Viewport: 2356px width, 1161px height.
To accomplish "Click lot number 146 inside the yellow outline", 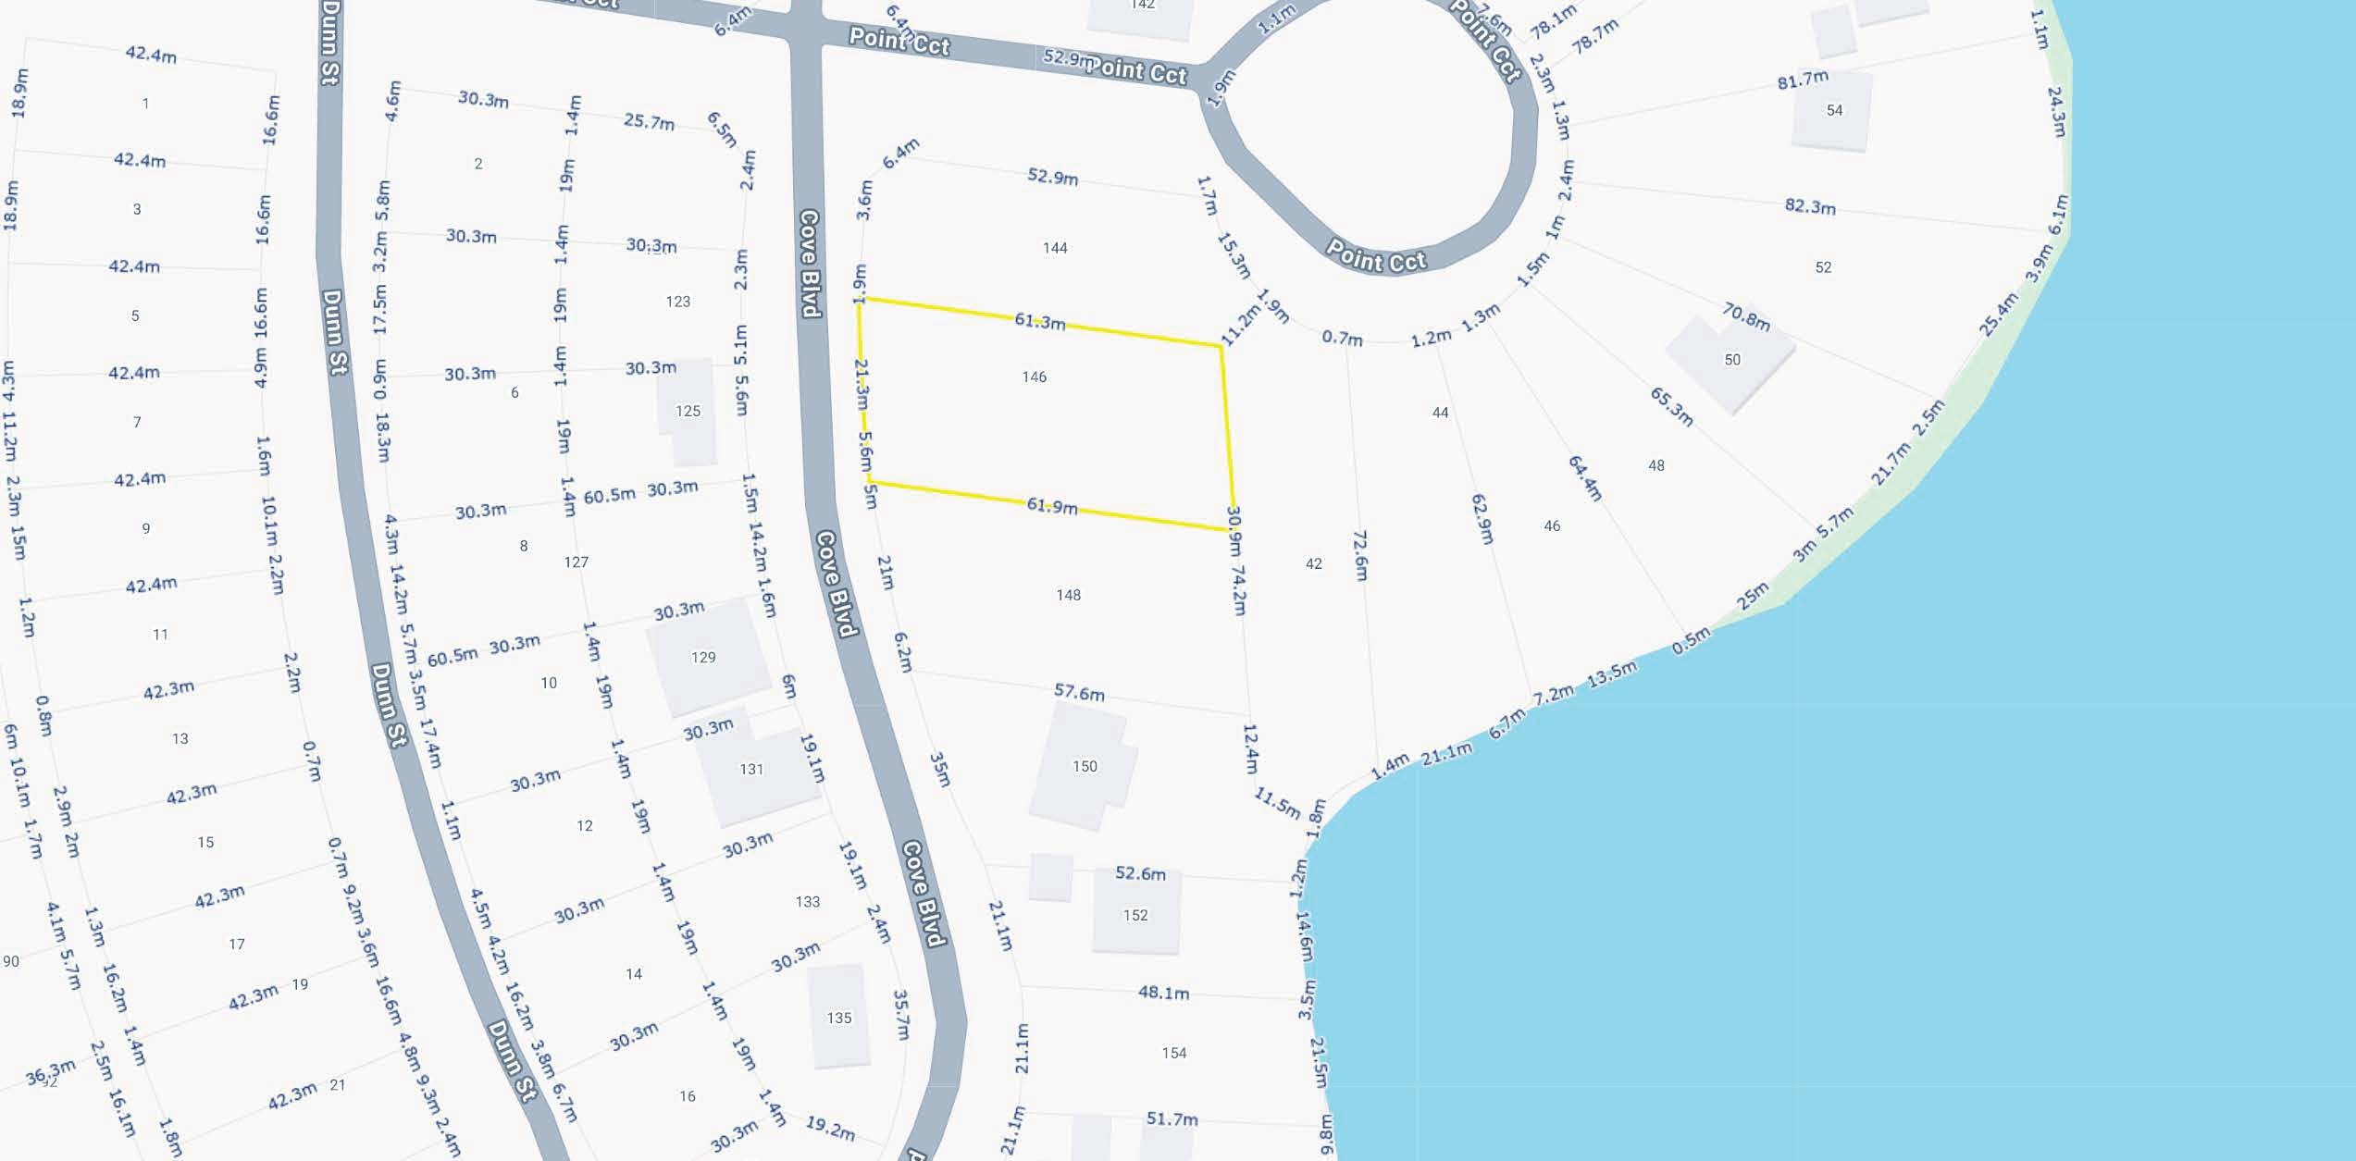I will tap(1035, 377).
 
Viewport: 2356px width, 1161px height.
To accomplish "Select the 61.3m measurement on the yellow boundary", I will tap(1040, 322).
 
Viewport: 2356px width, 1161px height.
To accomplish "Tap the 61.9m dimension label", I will tap(1052, 506).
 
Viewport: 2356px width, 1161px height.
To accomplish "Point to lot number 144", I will tap(1055, 248).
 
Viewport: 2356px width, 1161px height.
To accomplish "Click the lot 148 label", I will tap(1069, 595).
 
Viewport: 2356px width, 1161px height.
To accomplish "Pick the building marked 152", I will tap(1135, 915).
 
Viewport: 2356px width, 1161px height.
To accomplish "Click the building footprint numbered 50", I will tap(1731, 360).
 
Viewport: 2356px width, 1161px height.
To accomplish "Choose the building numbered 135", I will tap(838, 1018).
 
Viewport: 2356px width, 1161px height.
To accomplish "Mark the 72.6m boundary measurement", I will tap(1360, 555).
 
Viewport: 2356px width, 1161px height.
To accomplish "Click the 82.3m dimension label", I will tap(1810, 206).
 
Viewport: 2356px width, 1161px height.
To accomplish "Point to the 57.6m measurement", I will tap(1079, 692).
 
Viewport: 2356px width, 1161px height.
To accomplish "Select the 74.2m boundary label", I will tap(1239, 590).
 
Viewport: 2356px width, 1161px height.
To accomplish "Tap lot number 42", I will tap(1314, 563).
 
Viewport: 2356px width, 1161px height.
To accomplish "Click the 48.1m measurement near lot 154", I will tap(1163, 993).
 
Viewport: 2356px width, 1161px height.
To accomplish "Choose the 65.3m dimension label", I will tap(1671, 407).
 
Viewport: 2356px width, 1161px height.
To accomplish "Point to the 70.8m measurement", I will tap(1746, 316).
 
